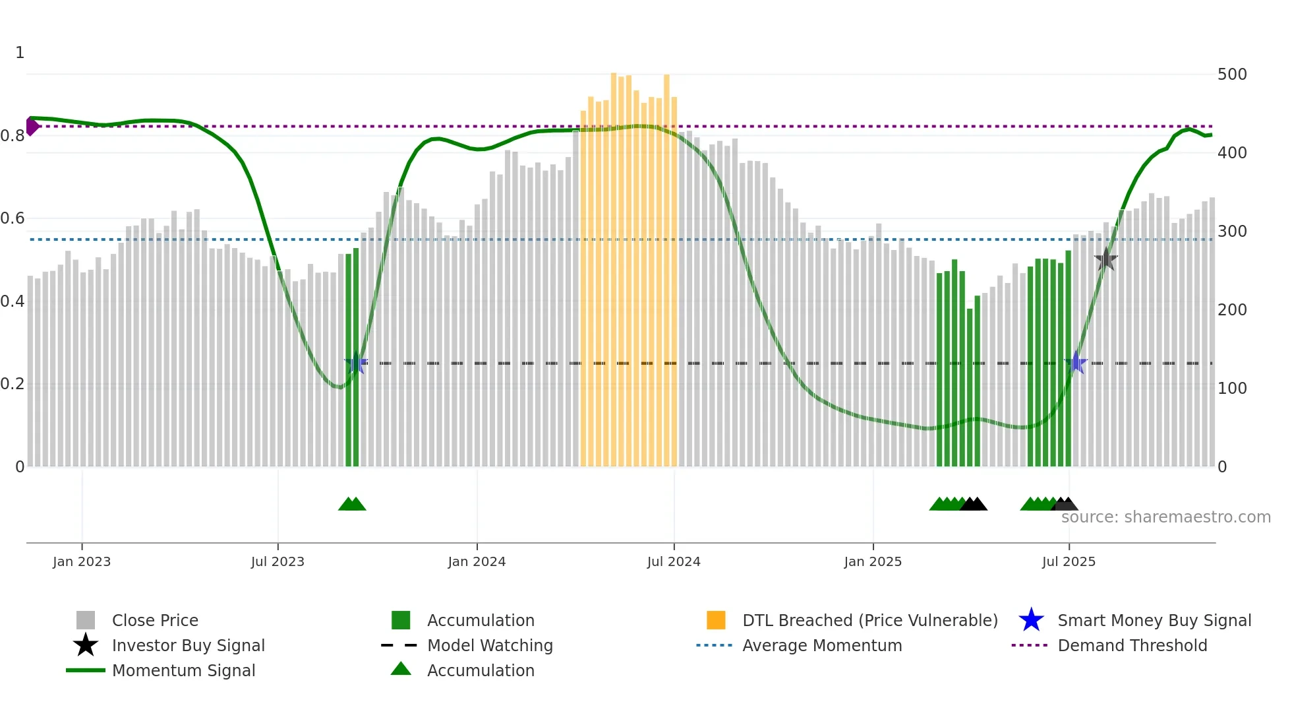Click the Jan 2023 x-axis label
tap(82, 561)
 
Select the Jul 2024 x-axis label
tap(674, 561)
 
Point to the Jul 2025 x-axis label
tap(1069, 561)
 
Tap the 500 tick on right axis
tap(1232, 74)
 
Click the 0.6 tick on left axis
tap(13, 218)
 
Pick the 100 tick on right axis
tap(1232, 388)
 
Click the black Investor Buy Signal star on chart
tap(1105, 259)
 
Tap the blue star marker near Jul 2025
tap(1076, 362)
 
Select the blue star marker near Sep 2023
tap(356, 363)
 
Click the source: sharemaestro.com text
tap(1165, 517)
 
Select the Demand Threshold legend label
tap(1132, 645)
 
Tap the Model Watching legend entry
tap(489, 645)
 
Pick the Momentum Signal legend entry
tap(183, 670)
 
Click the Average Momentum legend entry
tap(821, 645)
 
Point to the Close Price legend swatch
tap(86, 620)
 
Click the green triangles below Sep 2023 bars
tap(352, 504)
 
